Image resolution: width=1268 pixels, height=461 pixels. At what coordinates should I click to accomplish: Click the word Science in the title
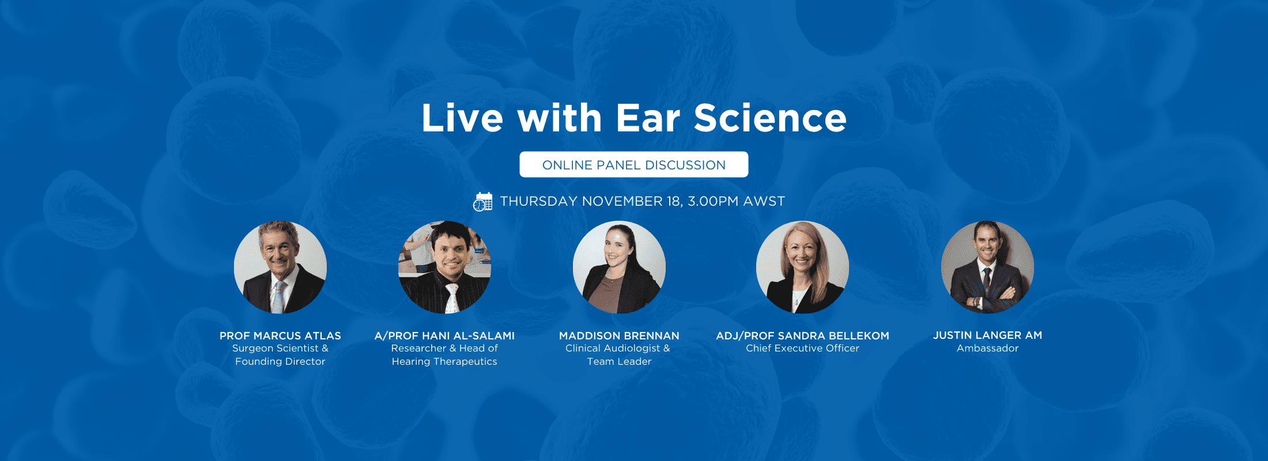[x=770, y=118]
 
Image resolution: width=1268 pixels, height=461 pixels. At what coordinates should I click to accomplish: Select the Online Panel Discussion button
[x=634, y=165]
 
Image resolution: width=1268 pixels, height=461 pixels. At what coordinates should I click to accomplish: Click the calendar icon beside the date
[x=483, y=202]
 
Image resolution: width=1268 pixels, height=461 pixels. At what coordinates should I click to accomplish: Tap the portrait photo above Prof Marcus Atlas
[x=280, y=267]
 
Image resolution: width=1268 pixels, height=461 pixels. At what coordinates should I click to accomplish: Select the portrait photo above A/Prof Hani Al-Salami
[x=444, y=267]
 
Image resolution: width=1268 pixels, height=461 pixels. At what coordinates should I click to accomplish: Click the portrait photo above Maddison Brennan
[x=619, y=267]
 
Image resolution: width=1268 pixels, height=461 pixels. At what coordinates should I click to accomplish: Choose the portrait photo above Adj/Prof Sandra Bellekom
[x=802, y=267]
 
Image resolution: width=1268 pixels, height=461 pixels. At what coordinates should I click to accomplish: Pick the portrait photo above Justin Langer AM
[x=987, y=267]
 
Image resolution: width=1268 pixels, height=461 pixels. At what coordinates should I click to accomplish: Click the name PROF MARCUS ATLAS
[x=280, y=335]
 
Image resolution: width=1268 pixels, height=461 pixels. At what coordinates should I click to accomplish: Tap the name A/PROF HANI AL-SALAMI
[x=444, y=335]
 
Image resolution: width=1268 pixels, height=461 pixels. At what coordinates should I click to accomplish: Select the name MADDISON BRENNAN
[x=619, y=335]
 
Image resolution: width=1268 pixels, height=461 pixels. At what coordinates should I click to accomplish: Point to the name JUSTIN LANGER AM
[x=987, y=335]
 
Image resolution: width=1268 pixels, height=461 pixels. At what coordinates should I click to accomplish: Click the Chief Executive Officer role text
[x=802, y=348]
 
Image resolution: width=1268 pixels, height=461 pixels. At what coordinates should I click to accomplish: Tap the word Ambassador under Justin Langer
[x=987, y=348]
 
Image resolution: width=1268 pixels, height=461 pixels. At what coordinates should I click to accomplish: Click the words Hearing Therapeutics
[x=444, y=361]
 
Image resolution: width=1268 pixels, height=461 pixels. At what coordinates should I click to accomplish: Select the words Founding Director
[x=280, y=361]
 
